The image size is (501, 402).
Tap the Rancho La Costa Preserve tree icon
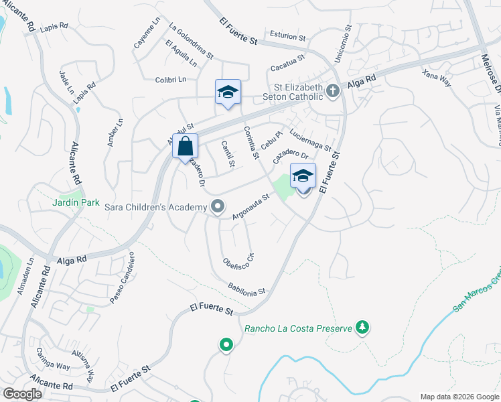click(x=362, y=328)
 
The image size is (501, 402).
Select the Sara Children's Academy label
click(x=155, y=207)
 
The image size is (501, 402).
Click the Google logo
click(x=23, y=393)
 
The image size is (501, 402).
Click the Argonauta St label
click(x=250, y=207)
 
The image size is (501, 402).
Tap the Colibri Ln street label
click(x=169, y=79)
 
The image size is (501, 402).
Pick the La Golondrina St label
click(x=191, y=41)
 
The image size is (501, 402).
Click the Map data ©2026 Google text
click(x=459, y=396)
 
